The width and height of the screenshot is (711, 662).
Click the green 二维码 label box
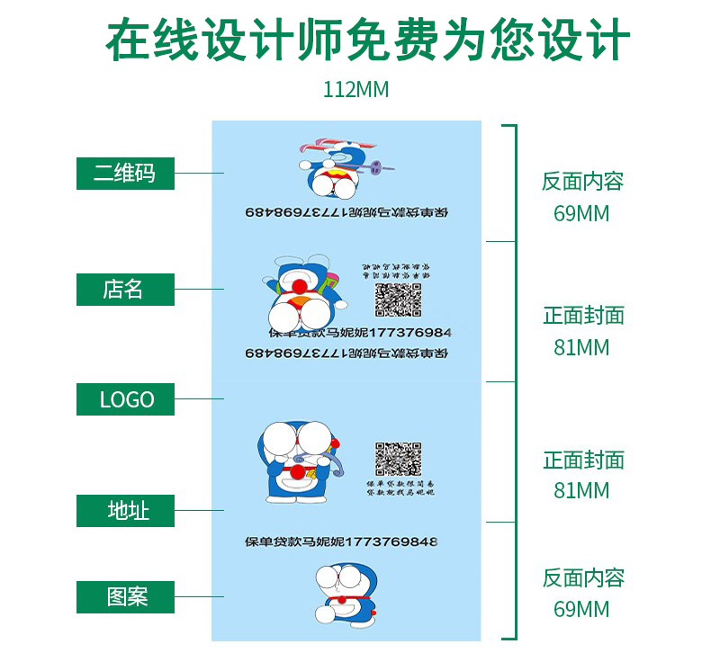[x=125, y=173]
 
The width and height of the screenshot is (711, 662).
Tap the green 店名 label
[x=125, y=290]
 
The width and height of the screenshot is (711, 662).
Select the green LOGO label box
[x=125, y=398]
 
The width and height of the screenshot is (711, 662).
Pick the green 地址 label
[x=125, y=511]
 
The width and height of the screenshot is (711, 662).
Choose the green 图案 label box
[x=125, y=596]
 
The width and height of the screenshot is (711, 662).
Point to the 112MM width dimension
[x=355, y=91]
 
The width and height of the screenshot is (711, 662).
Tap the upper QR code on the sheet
[x=399, y=300]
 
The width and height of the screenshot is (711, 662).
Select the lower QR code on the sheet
[x=397, y=460]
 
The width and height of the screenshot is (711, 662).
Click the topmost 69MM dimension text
[x=581, y=214]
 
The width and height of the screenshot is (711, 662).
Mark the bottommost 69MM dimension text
[x=581, y=610]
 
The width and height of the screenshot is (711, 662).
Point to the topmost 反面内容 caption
[x=582, y=182]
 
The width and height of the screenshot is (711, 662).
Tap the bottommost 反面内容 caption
[x=582, y=577]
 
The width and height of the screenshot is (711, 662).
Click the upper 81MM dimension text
[x=581, y=347]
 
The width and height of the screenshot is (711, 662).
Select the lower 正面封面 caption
[x=583, y=461]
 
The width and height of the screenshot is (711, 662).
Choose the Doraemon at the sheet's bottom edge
[x=346, y=593]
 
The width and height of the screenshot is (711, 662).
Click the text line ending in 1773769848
[x=341, y=542]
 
